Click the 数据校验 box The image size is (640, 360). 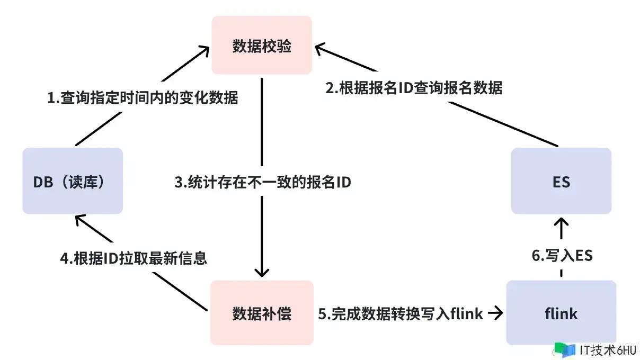262,46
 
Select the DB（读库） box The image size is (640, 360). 73,181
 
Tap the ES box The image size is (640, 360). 561,181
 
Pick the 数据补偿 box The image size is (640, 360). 262,313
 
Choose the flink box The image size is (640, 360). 561,313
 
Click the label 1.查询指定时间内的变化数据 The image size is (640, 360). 143,98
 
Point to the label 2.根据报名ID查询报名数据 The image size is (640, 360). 414,87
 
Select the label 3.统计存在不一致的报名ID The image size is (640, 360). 263,182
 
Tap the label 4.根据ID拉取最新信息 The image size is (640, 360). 133,258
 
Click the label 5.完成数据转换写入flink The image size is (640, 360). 401,314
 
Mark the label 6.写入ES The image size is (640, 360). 562,256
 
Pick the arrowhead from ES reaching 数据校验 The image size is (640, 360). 321,49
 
